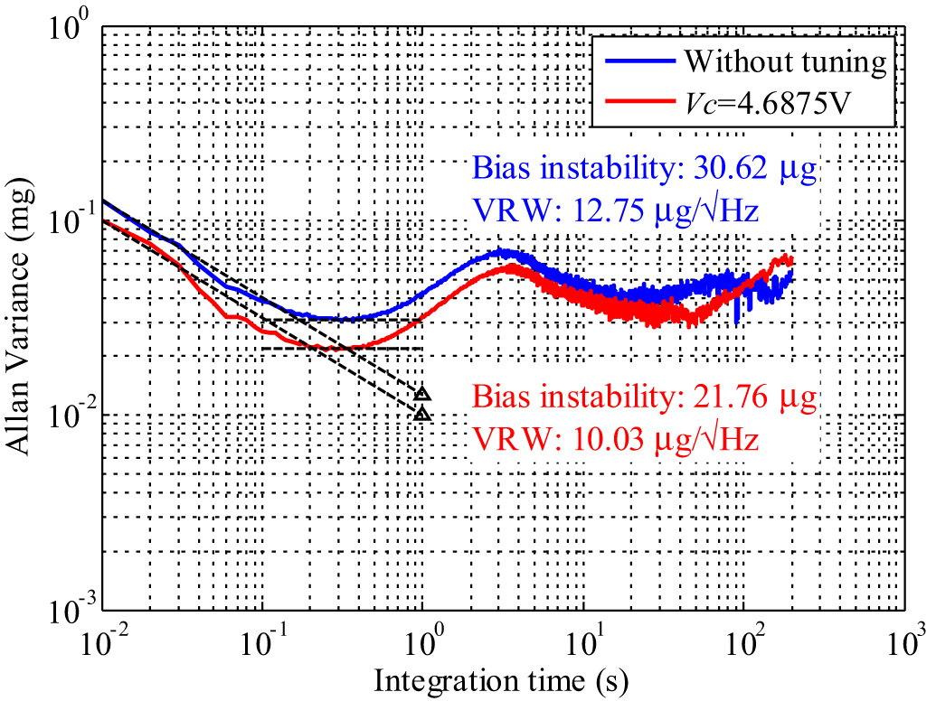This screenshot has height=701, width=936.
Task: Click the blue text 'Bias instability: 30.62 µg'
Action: [x=644, y=169]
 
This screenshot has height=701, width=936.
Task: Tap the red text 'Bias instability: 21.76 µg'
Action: [x=644, y=398]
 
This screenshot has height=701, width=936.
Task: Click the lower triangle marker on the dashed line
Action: [x=422, y=415]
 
